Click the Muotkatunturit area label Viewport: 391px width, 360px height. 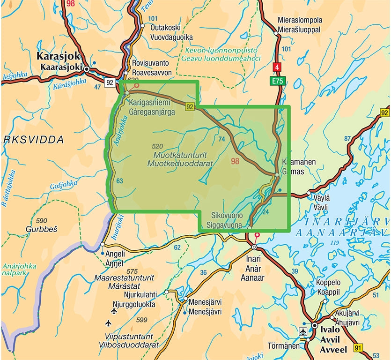pyautogui.click(x=180, y=155)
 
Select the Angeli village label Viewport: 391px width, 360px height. pyautogui.click(x=116, y=254)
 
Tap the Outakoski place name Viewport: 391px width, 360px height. pyautogui.click(x=166, y=28)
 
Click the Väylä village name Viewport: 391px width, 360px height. pyautogui.click(x=322, y=198)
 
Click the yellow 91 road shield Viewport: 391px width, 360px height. pyautogui.click(x=358, y=347)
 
